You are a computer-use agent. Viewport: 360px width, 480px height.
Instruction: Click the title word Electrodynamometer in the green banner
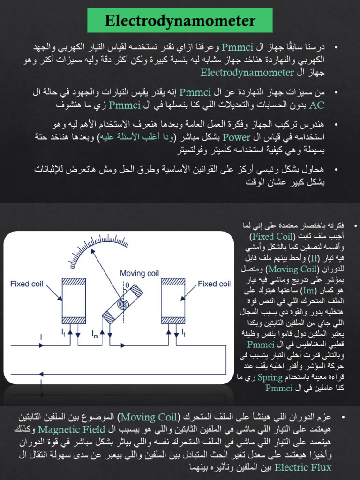pos(180,21)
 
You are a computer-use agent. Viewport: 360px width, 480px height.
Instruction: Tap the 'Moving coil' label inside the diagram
pos(139,273)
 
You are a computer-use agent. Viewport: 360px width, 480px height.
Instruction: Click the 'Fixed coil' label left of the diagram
pos(27,284)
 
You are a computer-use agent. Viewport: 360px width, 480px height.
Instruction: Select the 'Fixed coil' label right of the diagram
pos(214,284)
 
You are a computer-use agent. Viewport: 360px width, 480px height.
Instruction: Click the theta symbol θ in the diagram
pos(127,285)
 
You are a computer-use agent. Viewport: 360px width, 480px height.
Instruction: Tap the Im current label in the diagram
pos(95,334)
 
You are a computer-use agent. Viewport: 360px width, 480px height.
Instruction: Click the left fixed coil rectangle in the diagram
pos(74,300)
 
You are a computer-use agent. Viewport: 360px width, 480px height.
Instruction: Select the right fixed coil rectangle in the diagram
pos(173,300)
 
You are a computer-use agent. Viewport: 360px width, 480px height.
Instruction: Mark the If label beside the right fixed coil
pos(183,332)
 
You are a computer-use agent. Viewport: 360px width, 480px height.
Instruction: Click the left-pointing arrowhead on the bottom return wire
pos(41,374)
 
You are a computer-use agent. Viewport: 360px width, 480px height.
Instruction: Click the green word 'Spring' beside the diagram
pos(273,377)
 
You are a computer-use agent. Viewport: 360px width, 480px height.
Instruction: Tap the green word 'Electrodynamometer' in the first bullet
pos(247,72)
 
